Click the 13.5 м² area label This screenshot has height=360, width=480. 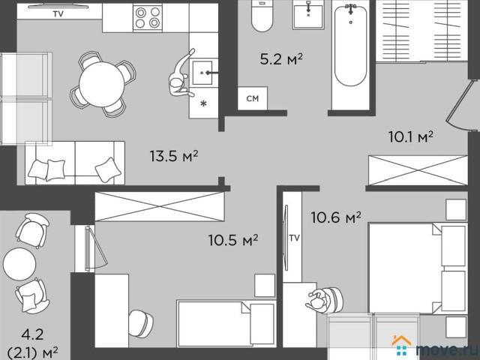[x=174, y=156]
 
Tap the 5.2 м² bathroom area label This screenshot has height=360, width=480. [x=281, y=58]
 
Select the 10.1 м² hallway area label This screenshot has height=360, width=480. [x=410, y=136]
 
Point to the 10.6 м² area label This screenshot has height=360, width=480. [x=336, y=217]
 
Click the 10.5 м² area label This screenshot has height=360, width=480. [x=233, y=240]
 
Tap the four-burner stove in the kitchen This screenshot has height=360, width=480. [x=148, y=17]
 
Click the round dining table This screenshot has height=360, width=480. [x=102, y=84]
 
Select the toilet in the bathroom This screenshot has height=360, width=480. [x=262, y=16]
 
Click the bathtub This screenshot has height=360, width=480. [x=350, y=46]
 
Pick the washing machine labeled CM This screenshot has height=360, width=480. [x=253, y=98]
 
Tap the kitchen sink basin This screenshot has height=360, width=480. [x=202, y=73]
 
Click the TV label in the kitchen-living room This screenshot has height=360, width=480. [x=58, y=13]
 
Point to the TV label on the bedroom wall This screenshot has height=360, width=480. [x=295, y=238]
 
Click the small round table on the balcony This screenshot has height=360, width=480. [x=19, y=264]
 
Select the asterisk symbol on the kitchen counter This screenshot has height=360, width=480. [x=203, y=103]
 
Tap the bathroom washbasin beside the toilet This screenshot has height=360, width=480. [x=308, y=15]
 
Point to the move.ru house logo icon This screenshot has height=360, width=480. [x=401, y=346]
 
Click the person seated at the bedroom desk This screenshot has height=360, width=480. [x=324, y=300]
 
